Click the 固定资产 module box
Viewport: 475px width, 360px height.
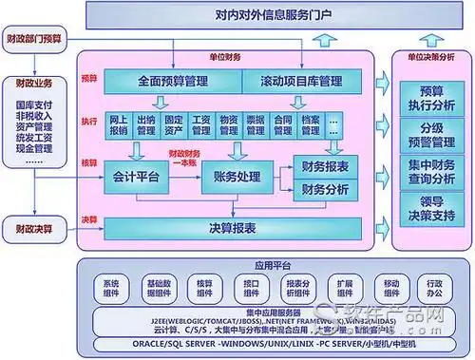pos(173,123)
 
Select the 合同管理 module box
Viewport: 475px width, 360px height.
pos(283,123)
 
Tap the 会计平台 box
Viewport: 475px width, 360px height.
pos(135,178)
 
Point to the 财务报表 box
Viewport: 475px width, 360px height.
pos(323,166)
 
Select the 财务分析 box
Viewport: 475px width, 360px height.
pos(323,189)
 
